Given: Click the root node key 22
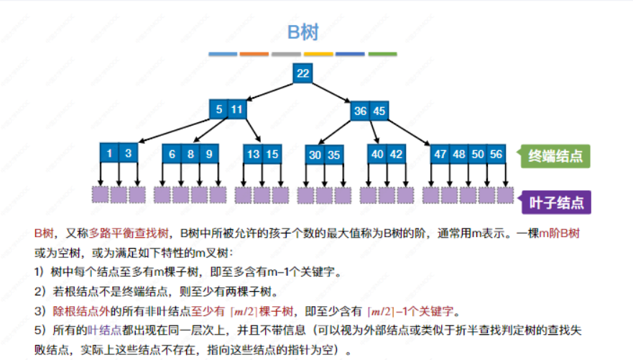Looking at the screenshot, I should [302, 73].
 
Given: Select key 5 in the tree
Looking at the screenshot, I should [218, 110].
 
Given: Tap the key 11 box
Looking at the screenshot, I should [237, 110].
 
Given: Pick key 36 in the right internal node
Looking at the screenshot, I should [361, 111].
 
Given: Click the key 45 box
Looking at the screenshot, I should [379, 111].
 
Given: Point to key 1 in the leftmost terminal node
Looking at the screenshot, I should [109, 153].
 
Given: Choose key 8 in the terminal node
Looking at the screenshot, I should [190, 154].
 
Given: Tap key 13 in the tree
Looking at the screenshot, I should [252, 154].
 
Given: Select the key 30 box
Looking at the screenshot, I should [315, 154].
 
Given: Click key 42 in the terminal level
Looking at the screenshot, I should [396, 154].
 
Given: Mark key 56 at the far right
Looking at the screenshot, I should [496, 154].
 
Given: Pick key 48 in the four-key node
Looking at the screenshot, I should [459, 154].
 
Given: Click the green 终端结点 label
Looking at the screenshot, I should [555, 156].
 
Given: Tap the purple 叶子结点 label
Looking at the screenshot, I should [555, 201].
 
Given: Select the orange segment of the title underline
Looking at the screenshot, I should [254, 54].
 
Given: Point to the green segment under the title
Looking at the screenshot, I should [382, 54].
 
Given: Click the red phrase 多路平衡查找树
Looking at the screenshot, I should [129, 234].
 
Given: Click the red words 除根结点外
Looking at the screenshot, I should [75, 311].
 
